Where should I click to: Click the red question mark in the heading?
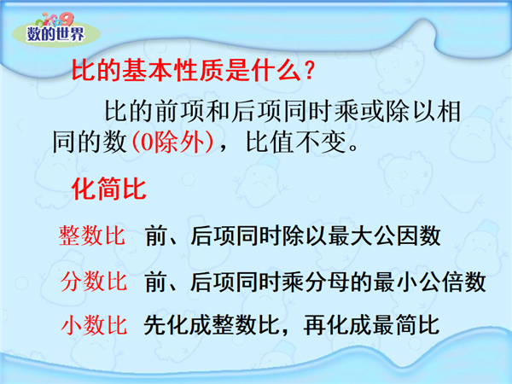click(308, 70)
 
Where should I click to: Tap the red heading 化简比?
click(108, 189)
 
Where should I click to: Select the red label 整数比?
click(92, 236)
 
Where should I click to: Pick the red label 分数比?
click(93, 281)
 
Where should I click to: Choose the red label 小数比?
click(94, 325)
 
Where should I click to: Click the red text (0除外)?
click(172, 143)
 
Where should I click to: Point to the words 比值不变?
click(296, 143)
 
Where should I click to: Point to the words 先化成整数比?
click(211, 325)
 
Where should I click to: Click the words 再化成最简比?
click(371, 325)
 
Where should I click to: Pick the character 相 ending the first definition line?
click(448, 111)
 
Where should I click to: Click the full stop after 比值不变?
click(353, 148)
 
